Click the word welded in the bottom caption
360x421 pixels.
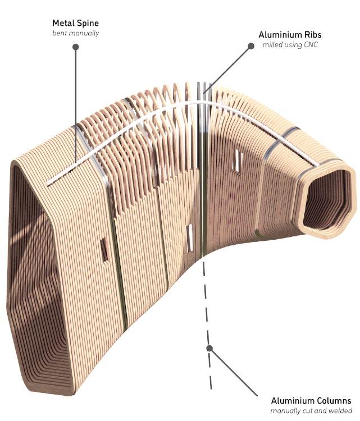click(340, 411)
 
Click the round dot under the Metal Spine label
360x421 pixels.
click(75, 47)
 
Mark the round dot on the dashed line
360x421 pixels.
click(209, 347)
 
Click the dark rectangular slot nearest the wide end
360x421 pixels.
click(103, 249)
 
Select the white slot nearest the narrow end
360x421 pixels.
click(238, 159)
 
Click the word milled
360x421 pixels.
click(274, 45)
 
